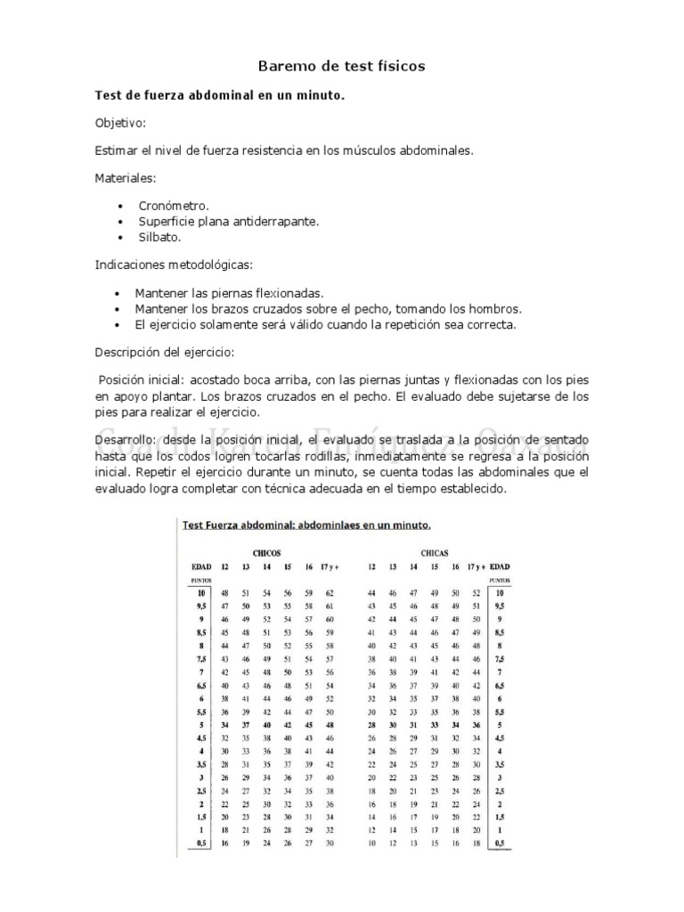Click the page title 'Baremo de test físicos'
(x=341, y=66)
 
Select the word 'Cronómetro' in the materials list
(x=174, y=206)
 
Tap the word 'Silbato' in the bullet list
(x=159, y=238)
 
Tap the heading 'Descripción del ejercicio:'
(x=165, y=352)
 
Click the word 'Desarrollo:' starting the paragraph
(x=126, y=441)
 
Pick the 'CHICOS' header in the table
(x=266, y=552)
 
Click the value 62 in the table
(x=330, y=592)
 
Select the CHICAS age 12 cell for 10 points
(x=371, y=592)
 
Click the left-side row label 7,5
(x=201, y=658)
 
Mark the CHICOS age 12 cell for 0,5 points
(x=224, y=842)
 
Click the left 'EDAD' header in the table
(x=201, y=566)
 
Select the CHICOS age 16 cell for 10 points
(x=308, y=592)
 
